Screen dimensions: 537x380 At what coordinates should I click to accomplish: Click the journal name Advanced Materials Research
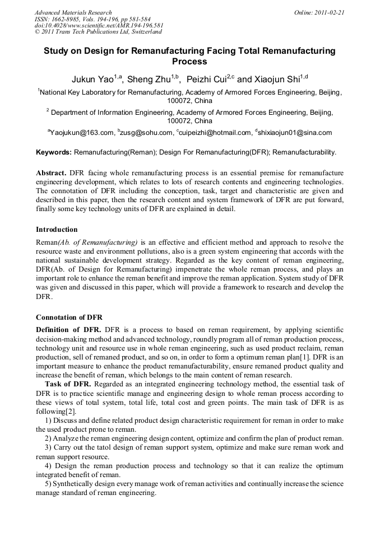click(x=73, y=12)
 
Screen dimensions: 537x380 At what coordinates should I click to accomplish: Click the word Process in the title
click(x=189, y=62)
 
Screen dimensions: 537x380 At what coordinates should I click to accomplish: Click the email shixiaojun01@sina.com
click(x=295, y=133)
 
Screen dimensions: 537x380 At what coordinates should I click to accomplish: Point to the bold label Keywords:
click(x=54, y=152)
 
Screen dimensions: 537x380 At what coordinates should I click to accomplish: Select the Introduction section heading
click(x=57, y=230)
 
